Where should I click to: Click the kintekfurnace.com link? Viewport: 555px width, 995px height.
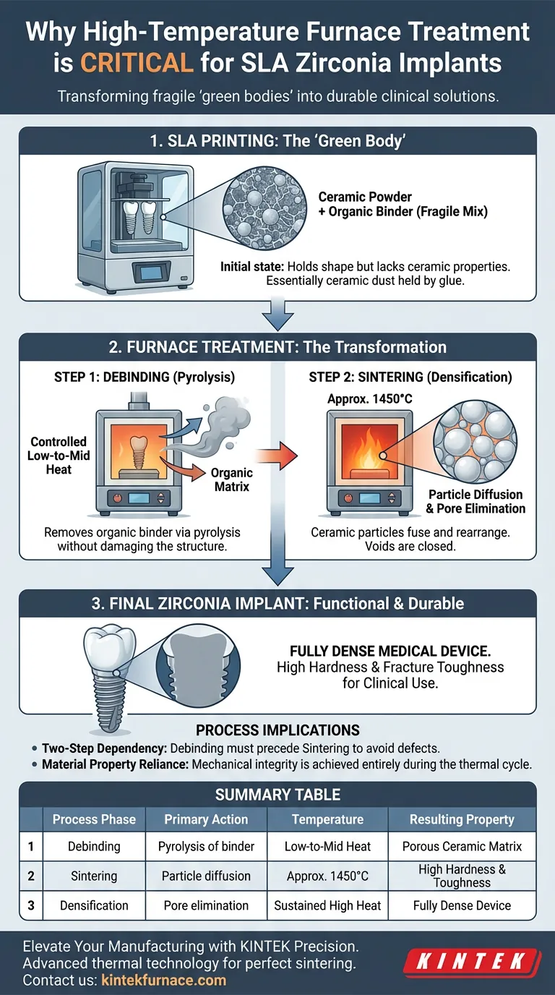164,981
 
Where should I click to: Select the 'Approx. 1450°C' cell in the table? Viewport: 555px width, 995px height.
327,876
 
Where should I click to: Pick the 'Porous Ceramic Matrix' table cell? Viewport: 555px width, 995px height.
462,846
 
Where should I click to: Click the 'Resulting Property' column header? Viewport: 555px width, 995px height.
462,819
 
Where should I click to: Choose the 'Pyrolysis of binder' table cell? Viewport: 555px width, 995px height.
206,846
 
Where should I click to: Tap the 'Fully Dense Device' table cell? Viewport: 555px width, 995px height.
462,905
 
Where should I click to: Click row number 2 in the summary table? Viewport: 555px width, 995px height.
31,876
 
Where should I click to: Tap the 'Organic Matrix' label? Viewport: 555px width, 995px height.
231,479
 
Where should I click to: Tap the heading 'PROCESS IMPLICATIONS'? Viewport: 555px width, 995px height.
277,730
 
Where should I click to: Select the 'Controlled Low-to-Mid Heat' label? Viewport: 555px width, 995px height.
59,456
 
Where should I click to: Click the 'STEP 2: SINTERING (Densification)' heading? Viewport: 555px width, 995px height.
410,377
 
